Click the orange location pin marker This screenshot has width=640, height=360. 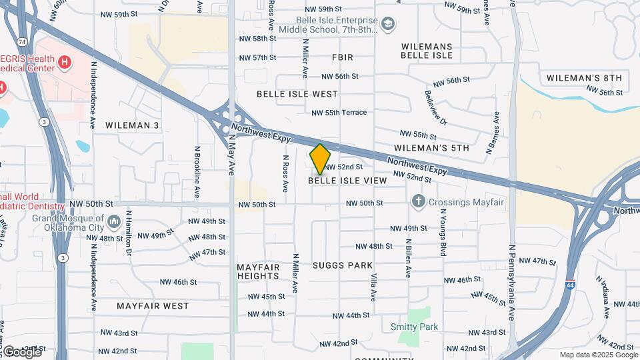tap(320, 159)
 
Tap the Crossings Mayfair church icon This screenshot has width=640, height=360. tap(418, 201)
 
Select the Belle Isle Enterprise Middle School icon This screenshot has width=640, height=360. tap(388, 25)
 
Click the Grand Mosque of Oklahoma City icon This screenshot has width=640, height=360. tap(113, 221)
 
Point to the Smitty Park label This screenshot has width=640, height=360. tap(414, 327)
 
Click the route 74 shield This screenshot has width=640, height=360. tap(23, 42)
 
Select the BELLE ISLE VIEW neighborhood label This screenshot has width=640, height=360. tap(347, 181)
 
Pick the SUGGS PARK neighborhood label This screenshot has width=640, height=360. tap(343, 265)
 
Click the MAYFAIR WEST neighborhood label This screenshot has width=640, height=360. tap(153, 306)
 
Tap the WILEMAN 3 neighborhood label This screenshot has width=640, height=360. tap(132, 125)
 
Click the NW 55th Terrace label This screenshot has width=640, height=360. tap(339, 113)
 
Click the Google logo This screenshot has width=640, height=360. tap(21, 351)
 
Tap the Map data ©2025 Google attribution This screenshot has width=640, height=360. tap(598, 355)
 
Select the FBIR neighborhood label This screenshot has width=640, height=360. tap(342, 58)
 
